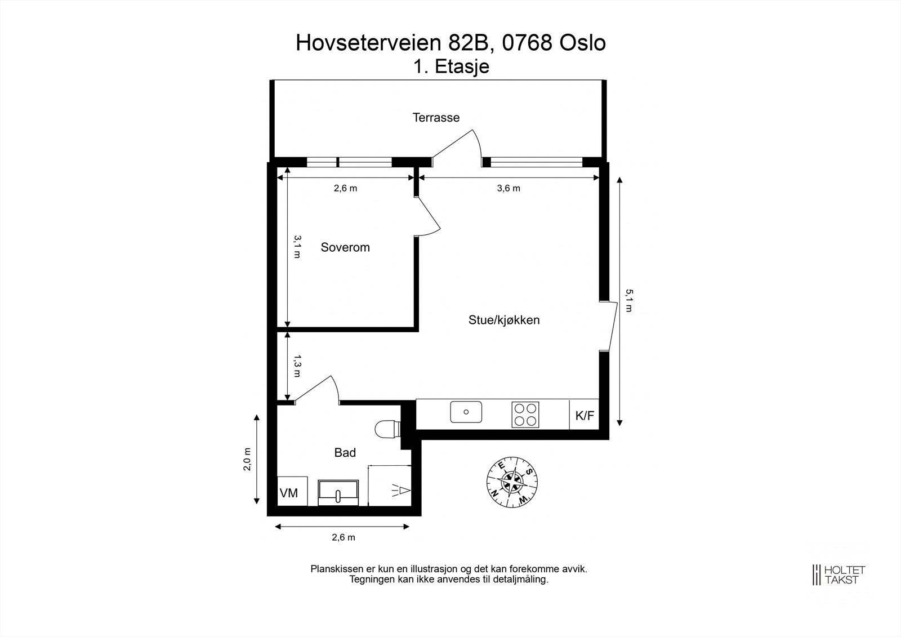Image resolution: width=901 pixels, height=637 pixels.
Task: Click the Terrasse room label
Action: (x=436, y=118)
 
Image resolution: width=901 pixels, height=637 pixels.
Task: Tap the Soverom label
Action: (x=345, y=247)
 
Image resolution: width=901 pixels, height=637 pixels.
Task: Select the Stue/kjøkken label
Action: (x=504, y=320)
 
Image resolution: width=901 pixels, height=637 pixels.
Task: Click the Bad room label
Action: (x=345, y=452)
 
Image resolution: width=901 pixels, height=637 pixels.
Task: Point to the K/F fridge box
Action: (x=584, y=416)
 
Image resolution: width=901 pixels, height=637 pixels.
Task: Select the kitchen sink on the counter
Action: (x=466, y=412)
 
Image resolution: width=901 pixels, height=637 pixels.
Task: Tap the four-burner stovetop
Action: (x=525, y=415)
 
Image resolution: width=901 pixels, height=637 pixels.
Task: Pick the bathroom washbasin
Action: (x=338, y=492)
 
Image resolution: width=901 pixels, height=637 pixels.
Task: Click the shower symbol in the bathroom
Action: (x=400, y=490)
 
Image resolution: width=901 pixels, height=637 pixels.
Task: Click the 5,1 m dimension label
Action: (x=629, y=301)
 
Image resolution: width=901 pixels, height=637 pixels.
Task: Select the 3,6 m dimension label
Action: (x=508, y=189)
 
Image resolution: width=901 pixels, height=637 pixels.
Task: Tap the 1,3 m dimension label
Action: (x=297, y=366)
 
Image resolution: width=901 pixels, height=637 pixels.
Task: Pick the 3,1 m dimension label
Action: (x=297, y=247)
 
